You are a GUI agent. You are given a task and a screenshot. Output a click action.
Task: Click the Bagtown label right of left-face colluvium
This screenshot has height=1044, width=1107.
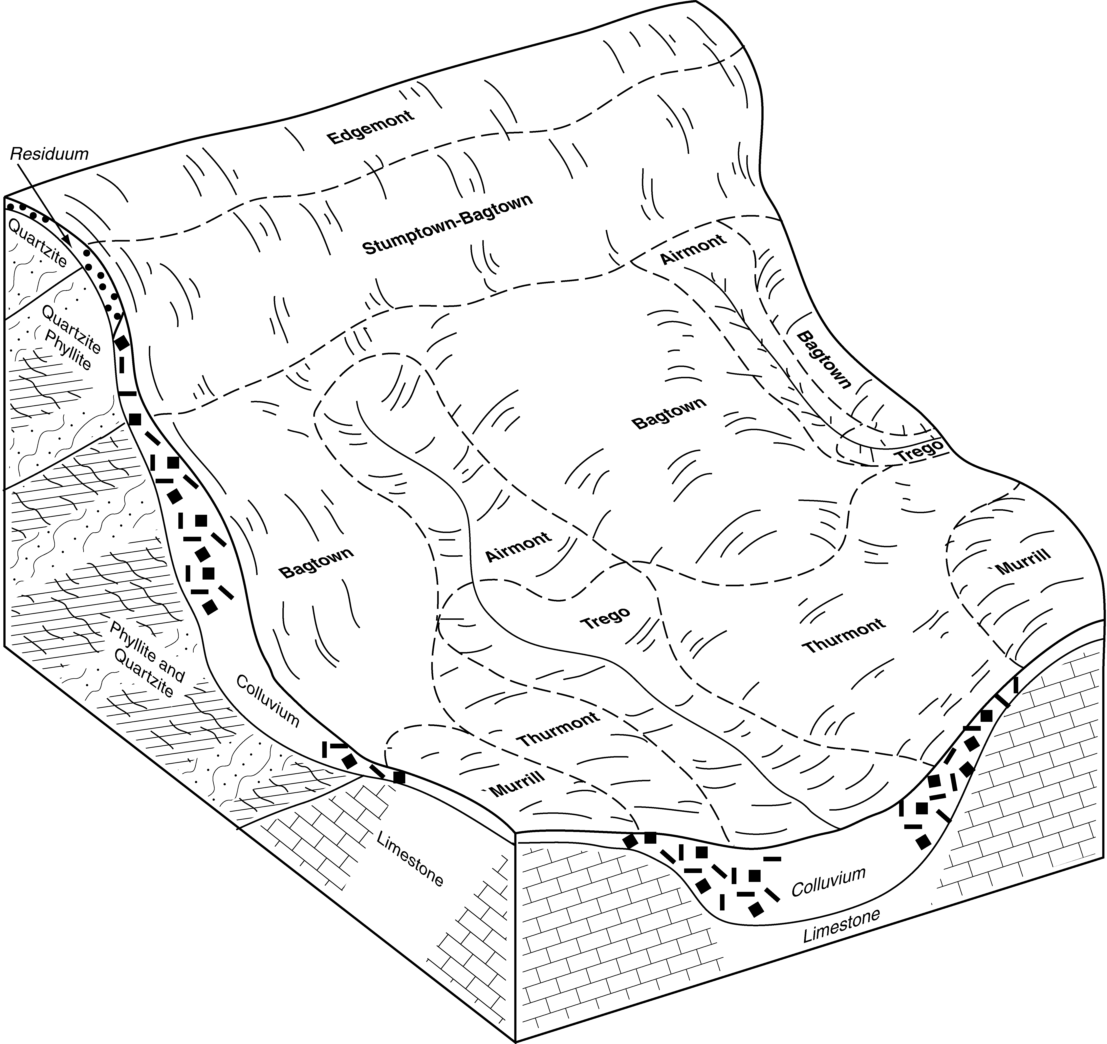coord(316,563)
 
